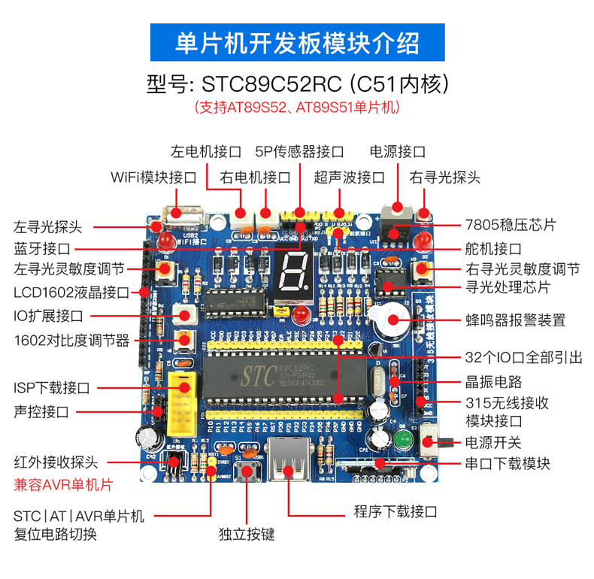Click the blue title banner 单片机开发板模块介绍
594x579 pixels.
click(297, 42)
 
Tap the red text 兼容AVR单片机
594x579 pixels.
click(63, 485)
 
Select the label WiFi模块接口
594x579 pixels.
click(153, 178)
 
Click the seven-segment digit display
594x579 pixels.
click(291, 268)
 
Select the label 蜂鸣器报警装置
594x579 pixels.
click(515, 321)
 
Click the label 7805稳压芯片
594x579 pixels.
click(511, 225)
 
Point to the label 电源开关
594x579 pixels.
click(493, 442)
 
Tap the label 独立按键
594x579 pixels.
click(247, 535)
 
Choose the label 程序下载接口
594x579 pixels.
click(395, 512)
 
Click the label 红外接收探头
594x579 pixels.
click(56, 462)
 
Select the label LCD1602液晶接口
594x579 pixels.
click(71, 292)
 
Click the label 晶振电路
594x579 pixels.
click(493, 381)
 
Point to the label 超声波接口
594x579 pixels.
click(349, 178)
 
